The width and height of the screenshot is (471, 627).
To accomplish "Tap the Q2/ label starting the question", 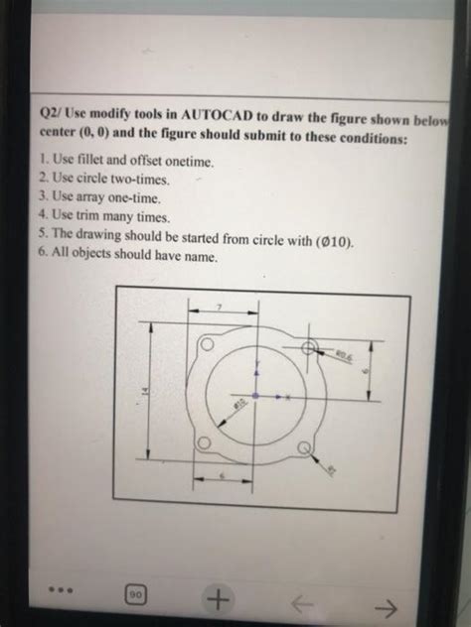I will [54, 116].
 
